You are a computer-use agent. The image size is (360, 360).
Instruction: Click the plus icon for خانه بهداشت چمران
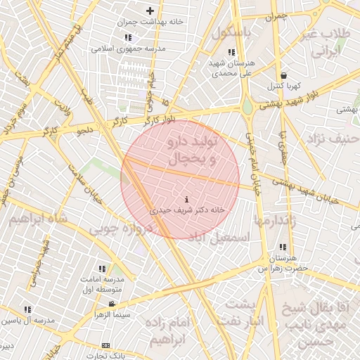pos(149,11)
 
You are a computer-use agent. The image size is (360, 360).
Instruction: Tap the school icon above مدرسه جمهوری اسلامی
pos(127,37)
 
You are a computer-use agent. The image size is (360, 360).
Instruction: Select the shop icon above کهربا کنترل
pos(283,75)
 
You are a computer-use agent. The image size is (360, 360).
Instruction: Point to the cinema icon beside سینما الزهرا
pos(112,304)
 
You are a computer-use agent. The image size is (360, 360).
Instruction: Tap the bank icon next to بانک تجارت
pos(106,345)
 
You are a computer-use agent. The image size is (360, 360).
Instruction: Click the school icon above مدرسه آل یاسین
pos(27,309)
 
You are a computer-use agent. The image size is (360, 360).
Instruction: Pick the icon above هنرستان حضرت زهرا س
pos(283,247)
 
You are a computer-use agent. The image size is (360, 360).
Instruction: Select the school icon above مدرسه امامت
pos(103,269)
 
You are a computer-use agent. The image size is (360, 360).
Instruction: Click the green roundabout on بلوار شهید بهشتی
pos(248,108)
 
